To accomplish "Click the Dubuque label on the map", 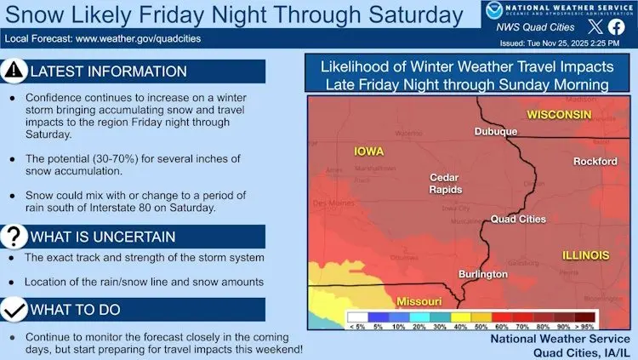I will (x=495, y=131).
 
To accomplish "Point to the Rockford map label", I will (x=595, y=161).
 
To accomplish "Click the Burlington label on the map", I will (x=482, y=274).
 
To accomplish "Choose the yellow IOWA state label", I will (x=368, y=151).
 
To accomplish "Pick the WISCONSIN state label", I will (x=559, y=114).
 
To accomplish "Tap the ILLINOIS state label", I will (x=585, y=254).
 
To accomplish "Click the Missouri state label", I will (x=419, y=301).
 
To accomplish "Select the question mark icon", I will (x=14, y=236).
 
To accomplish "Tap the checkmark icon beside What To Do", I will (x=14, y=309).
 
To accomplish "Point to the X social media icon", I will (x=594, y=26).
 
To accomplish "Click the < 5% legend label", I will (x=358, y=326).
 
